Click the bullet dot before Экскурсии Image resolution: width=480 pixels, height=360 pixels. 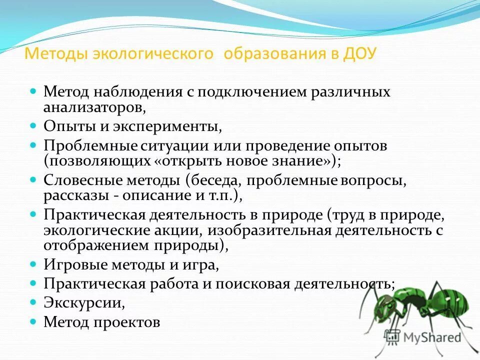tap(33, 302)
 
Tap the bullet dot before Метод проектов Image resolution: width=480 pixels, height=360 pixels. tap(33, 321)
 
